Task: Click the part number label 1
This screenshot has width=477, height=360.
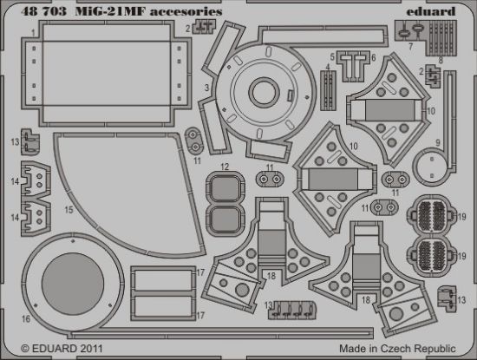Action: (x=32, y=32)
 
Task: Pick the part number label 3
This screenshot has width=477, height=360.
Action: (x=206, y=88)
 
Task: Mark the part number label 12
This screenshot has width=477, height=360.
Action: (x=224, y=166)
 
